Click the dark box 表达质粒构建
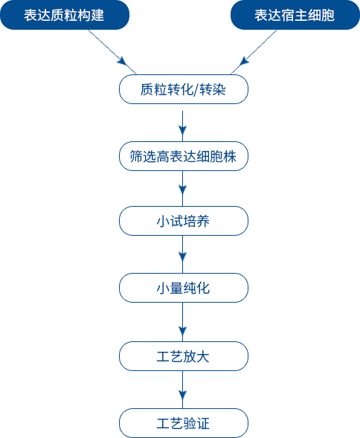[65, 15]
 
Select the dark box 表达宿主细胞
[295, 15]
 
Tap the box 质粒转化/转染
[184, 89]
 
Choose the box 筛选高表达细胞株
[184, 156]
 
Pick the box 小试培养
[184, 221]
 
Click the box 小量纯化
[184, 288]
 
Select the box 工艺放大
[184, 356]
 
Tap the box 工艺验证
[184, 423]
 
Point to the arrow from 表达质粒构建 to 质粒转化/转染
[112, 52]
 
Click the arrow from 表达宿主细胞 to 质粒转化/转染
[254, 52]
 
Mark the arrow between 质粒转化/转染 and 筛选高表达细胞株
[182, 126]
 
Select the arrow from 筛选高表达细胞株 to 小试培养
[182, 189]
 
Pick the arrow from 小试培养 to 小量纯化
[182, 254]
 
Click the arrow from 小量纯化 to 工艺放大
[182, 322]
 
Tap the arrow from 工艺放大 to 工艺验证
[182, 390]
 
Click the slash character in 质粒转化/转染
[196, 90]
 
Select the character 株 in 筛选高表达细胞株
[230, 156]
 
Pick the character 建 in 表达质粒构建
[97, 15]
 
